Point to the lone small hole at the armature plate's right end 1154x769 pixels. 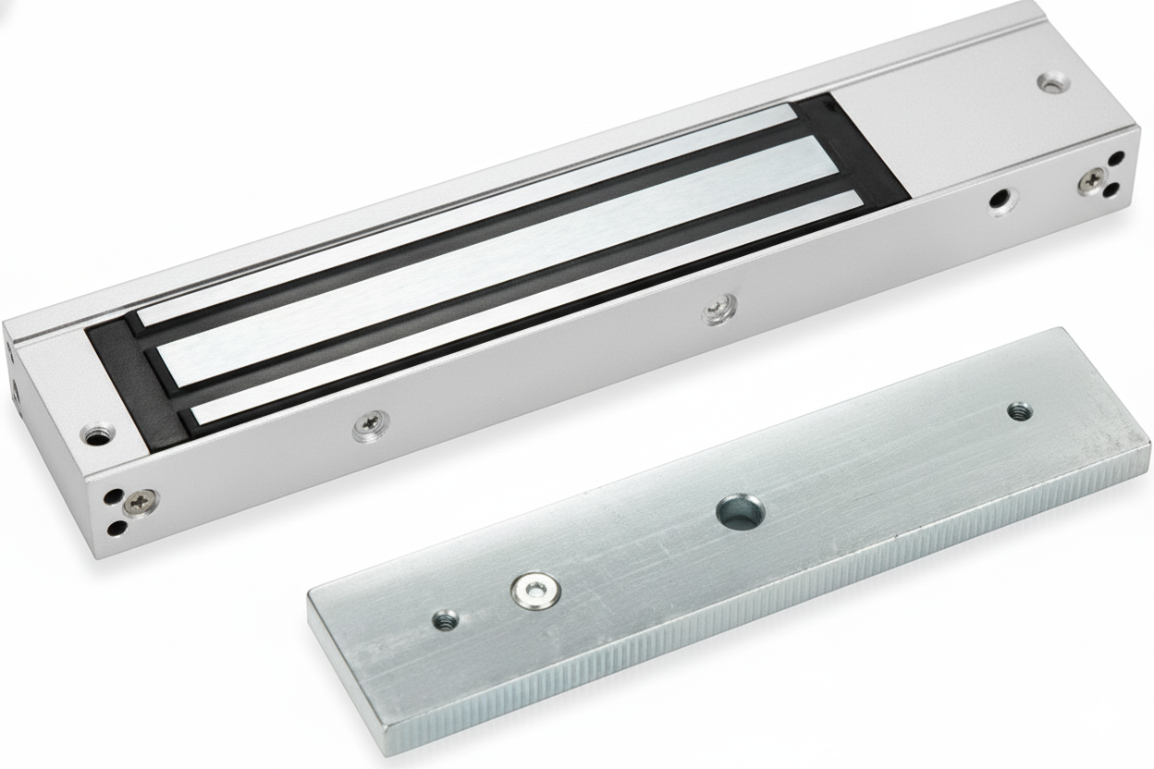[1018, 409]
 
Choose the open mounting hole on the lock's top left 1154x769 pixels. [95, 433]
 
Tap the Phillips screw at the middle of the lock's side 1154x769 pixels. [718, 309]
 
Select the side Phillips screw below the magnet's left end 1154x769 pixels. [372, 424]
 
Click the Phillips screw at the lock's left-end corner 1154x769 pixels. [141, 502]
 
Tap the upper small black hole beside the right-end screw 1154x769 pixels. [1116, 158]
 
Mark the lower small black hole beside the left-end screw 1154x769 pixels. [117, 528]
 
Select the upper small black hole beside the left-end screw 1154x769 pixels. [112, 496]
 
